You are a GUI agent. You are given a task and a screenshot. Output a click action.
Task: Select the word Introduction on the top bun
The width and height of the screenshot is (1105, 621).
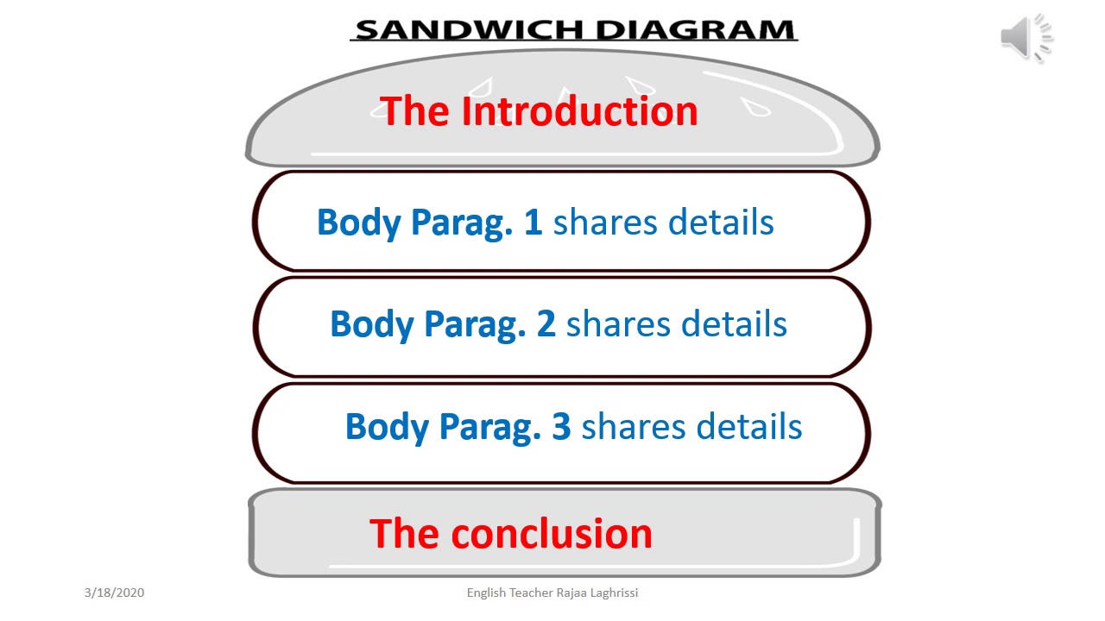(x=579, y=112)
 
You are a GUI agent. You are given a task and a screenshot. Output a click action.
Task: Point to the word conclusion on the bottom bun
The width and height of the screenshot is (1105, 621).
(x=552, y=534)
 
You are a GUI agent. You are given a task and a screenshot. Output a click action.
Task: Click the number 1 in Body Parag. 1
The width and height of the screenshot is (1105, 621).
(x=534, y=223)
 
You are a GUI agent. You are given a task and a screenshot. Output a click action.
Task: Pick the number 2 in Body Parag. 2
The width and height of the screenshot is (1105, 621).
(x=546, y=324)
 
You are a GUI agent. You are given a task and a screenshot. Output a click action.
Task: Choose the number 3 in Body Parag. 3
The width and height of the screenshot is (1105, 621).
(x=561, y=427)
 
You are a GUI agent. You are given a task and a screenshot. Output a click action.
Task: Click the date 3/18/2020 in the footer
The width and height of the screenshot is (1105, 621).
(x=114, y=593)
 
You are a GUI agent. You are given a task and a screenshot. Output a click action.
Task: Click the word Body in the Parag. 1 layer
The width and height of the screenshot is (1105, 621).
(x=359, y=223)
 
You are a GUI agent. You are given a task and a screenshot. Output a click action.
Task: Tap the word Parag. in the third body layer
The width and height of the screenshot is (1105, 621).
(x=490, y=427)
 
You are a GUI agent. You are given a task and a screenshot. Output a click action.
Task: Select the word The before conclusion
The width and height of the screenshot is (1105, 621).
(x=404, y=534)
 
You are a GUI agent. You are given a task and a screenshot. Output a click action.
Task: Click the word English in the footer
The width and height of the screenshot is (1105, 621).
(x=486, y=593)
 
